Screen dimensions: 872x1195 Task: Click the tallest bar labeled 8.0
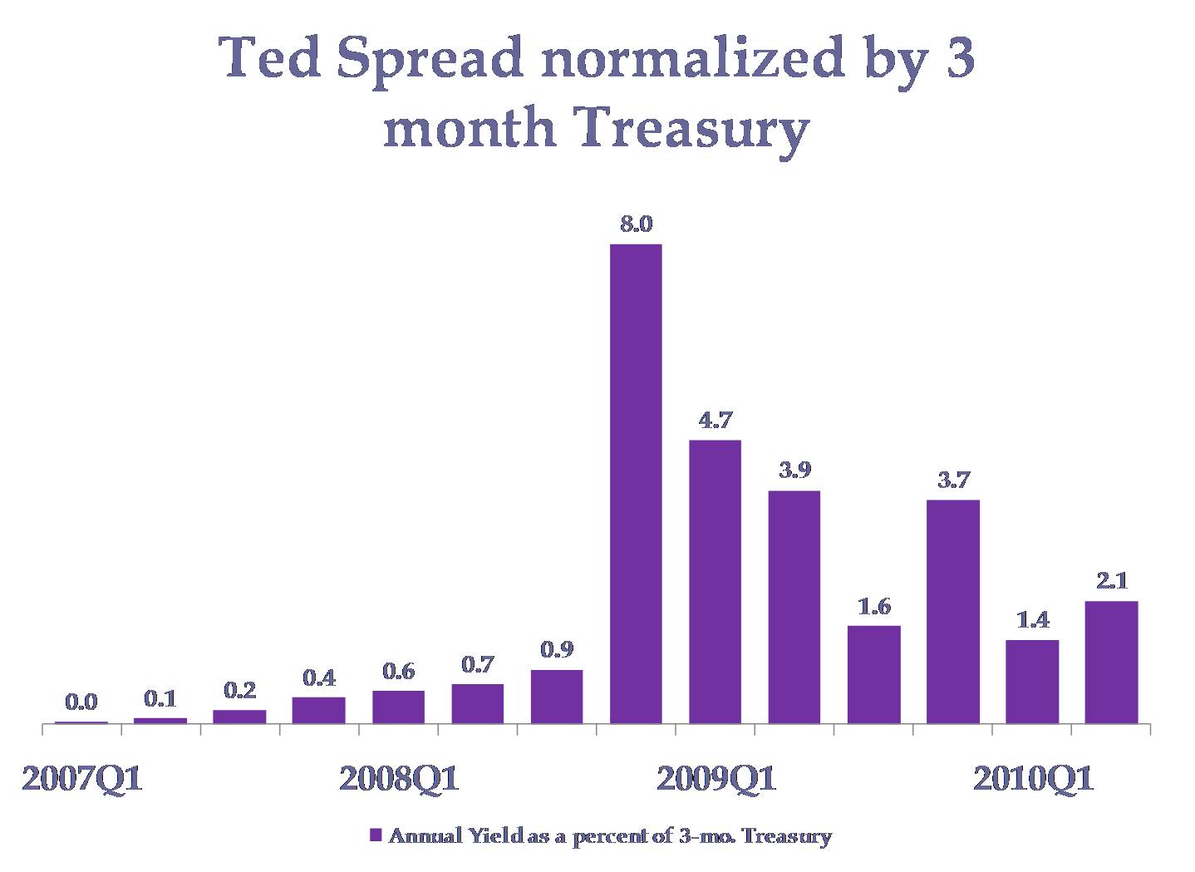(x=636, y=483)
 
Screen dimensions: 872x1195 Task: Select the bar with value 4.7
(x=715, y=581)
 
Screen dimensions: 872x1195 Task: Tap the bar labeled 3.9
(x=794, y=607)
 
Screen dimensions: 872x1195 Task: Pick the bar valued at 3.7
(x=953, y=611)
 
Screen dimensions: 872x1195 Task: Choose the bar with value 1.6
(x=873, y=674)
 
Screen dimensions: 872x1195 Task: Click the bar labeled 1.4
(x=1032, y=682)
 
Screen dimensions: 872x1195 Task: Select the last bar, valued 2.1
(x=1111, y=662)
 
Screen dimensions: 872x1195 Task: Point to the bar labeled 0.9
(x=557, y=697)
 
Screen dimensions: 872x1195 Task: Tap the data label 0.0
(x=81, y=703)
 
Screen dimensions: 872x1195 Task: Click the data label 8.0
(x=636, y=224)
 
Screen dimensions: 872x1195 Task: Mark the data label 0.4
(x=319, y=678)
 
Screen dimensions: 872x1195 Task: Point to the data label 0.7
(x=478, y=664)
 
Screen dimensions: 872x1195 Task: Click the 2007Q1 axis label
(x=81, y=781)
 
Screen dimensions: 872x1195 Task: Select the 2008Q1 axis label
(x=399, y=781)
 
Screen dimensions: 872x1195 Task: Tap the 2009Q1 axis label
(x=716, y=781)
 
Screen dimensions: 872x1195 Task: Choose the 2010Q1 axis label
(x=1033, y=781)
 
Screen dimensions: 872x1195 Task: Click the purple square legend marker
(x=375, y=835)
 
